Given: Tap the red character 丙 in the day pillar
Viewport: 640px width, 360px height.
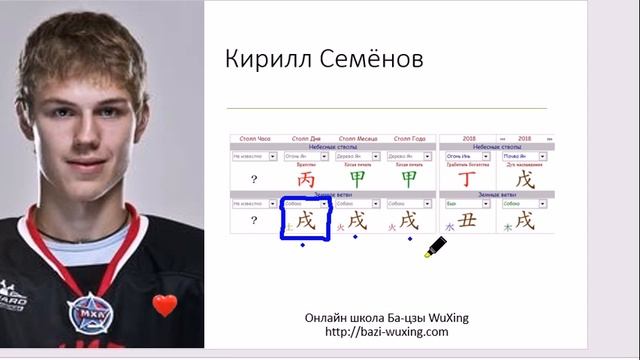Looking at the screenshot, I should point(306,178).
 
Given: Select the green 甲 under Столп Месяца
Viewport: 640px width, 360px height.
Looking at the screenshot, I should point(357,178).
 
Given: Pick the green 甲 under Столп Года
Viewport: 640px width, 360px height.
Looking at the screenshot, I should point(409,178).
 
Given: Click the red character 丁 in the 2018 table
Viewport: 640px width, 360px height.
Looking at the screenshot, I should point(467,179).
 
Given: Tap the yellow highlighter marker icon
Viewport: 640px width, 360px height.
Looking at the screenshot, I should point(438,246).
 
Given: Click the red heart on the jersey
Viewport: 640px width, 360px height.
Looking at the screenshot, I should point(164,305).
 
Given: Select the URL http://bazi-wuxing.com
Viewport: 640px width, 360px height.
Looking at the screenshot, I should point(387,331).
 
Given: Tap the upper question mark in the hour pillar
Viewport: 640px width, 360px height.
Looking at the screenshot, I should point(254,179).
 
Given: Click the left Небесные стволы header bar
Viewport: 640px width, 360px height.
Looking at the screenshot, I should point(333,146).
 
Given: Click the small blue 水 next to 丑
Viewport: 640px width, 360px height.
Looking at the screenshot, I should point(449,228).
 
